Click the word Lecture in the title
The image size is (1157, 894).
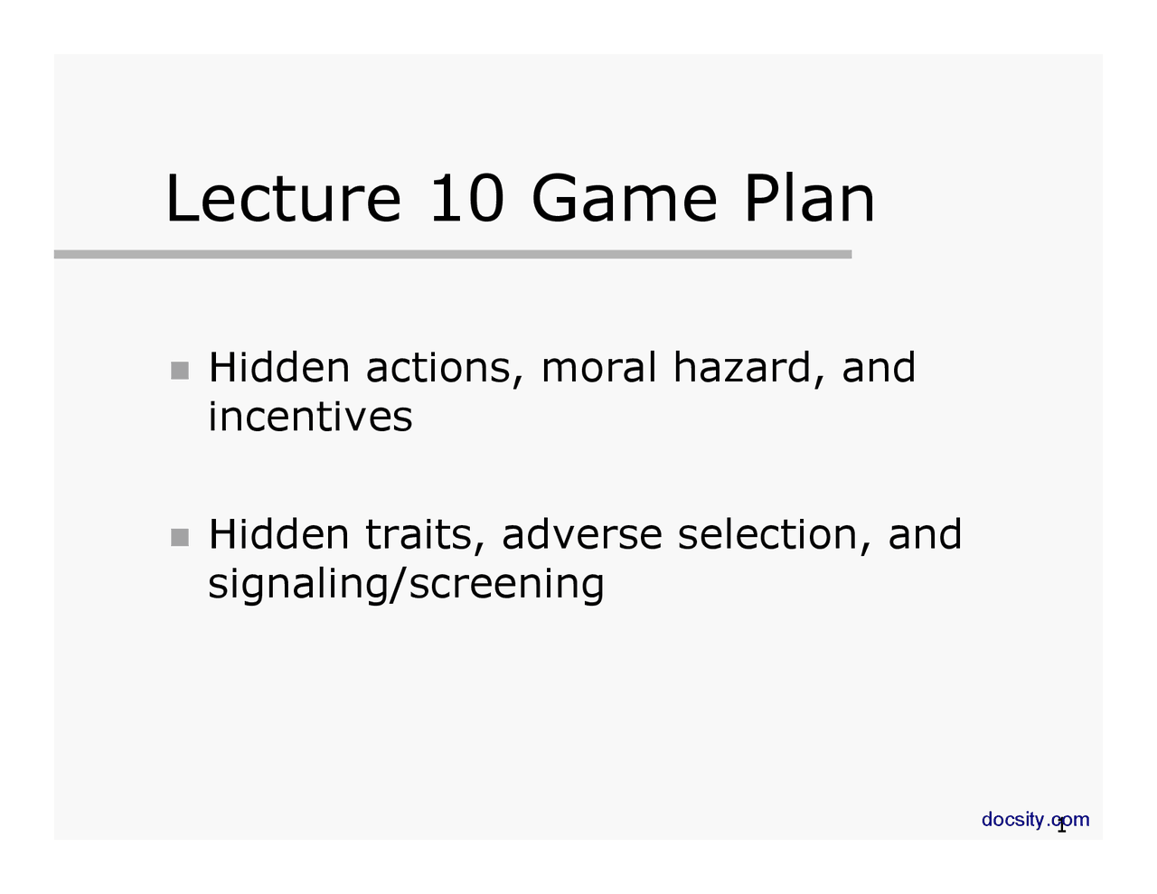click(282, 200)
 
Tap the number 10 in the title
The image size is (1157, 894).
click(466, 200)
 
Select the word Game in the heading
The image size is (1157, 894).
click(624, 200)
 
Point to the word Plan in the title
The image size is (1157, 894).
click(809, 200)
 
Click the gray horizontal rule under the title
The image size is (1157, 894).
click(452, 255)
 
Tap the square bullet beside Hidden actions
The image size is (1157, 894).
click(180, 371)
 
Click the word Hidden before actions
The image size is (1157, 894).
click(278, 368)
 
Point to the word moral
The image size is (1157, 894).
click(598, 368)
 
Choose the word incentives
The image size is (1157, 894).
click(310, 418)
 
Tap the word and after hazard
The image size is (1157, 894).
click(879, 368)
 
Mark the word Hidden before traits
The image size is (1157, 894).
click(278, 534)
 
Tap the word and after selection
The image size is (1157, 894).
click(925, 534)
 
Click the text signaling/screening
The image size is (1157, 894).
click(406, 585)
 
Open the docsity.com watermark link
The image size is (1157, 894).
click(1035, 820)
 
